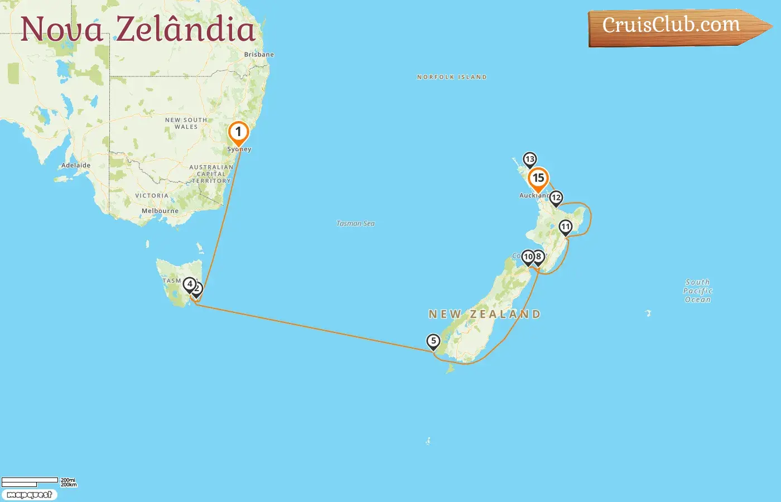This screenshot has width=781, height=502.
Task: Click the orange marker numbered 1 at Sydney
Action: coord(238,133)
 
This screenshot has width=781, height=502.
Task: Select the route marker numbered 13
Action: coord(529,160)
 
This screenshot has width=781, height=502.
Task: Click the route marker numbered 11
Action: coord(566,227)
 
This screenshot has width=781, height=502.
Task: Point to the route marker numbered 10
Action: coord(528,257)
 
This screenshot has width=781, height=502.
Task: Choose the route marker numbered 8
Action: coord(539,257)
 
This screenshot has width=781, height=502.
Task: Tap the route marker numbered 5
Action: coord(433,341)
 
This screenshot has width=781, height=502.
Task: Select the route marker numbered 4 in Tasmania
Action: coord(190,284)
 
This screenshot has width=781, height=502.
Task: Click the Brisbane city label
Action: coord(259,55)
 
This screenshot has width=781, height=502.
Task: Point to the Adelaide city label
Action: coord(76,165)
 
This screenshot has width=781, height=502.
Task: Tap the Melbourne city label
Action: coord(160,211)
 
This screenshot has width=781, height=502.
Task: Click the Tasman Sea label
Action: coord(355,224)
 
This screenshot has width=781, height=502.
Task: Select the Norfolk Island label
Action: coord(452,77)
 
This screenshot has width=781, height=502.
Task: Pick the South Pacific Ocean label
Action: coord(698,291)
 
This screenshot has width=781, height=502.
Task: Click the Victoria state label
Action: coord(152,196)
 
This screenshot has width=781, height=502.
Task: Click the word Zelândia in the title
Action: coord(185,29)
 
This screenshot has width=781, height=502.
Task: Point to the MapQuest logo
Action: coord(29,495)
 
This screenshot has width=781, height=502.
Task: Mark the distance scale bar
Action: coord(30,481)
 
